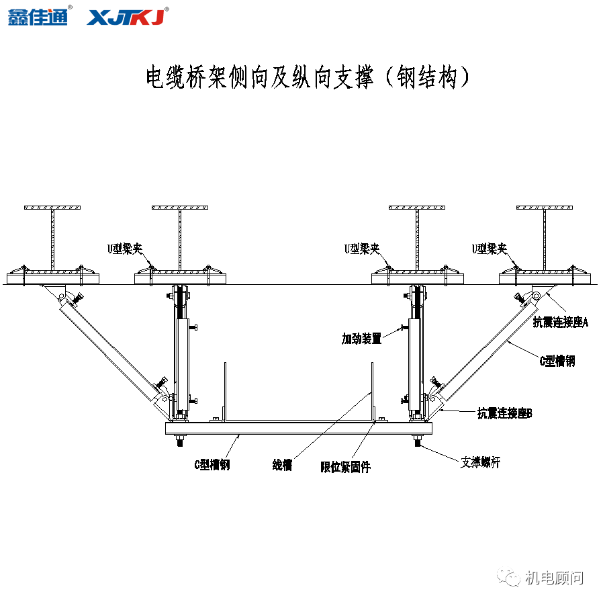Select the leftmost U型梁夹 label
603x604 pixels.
pos(125,249)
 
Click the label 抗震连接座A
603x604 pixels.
pos(560,322)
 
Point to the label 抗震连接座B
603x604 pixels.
pos(504,413)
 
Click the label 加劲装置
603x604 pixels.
pos(361,339)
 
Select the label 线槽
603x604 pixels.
pos(282,465)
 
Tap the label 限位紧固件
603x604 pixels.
pos(345,466)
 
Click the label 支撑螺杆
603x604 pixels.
pos(480,462)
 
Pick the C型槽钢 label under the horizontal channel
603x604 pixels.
pos(212,465)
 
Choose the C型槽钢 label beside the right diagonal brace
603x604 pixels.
pos(557,361)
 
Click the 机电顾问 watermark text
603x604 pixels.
pos(554,578)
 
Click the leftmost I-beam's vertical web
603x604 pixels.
pos(52,239)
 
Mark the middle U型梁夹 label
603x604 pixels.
pos(361,249)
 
